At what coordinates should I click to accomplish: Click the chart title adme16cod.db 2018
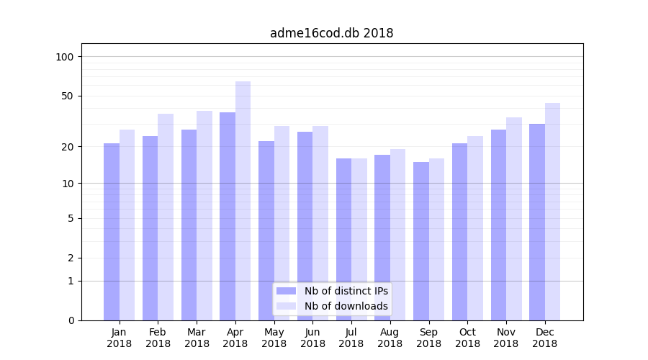coord(331,33)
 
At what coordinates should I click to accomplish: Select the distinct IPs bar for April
coord(228,216)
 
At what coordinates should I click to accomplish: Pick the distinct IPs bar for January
coord(112,231)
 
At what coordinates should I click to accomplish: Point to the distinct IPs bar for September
coord(421,240)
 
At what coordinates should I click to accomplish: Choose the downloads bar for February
coord(166,217)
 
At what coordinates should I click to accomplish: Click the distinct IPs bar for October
coord(459,231)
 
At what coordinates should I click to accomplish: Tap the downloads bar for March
coord(204,215)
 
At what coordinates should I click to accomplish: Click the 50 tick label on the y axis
coord(68,96)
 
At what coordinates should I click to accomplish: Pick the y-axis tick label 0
coord(71,320)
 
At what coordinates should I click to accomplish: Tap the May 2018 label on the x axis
coord(274,338)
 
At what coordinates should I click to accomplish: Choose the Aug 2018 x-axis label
coord(390,338)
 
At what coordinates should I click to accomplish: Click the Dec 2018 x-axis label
coord(544,338)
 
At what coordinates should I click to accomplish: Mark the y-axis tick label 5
coord(71,218)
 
